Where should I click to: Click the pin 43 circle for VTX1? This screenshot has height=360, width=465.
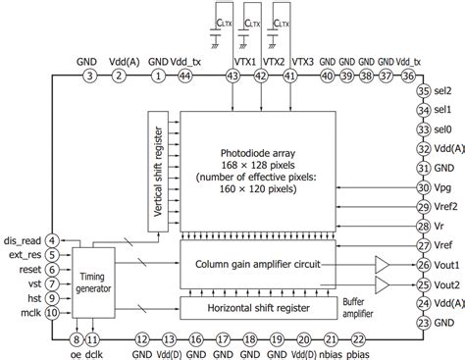point(232,75)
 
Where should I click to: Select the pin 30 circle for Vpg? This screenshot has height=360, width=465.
point(423,186)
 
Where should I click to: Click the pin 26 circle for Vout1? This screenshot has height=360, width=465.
point(423,264)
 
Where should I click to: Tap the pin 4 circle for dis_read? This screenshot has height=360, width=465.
point(52,238)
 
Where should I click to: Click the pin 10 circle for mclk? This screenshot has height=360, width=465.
point(52,314)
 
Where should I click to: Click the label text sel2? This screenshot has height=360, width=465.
point(444,93)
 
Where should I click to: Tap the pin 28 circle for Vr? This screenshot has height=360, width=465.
point(423,226)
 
